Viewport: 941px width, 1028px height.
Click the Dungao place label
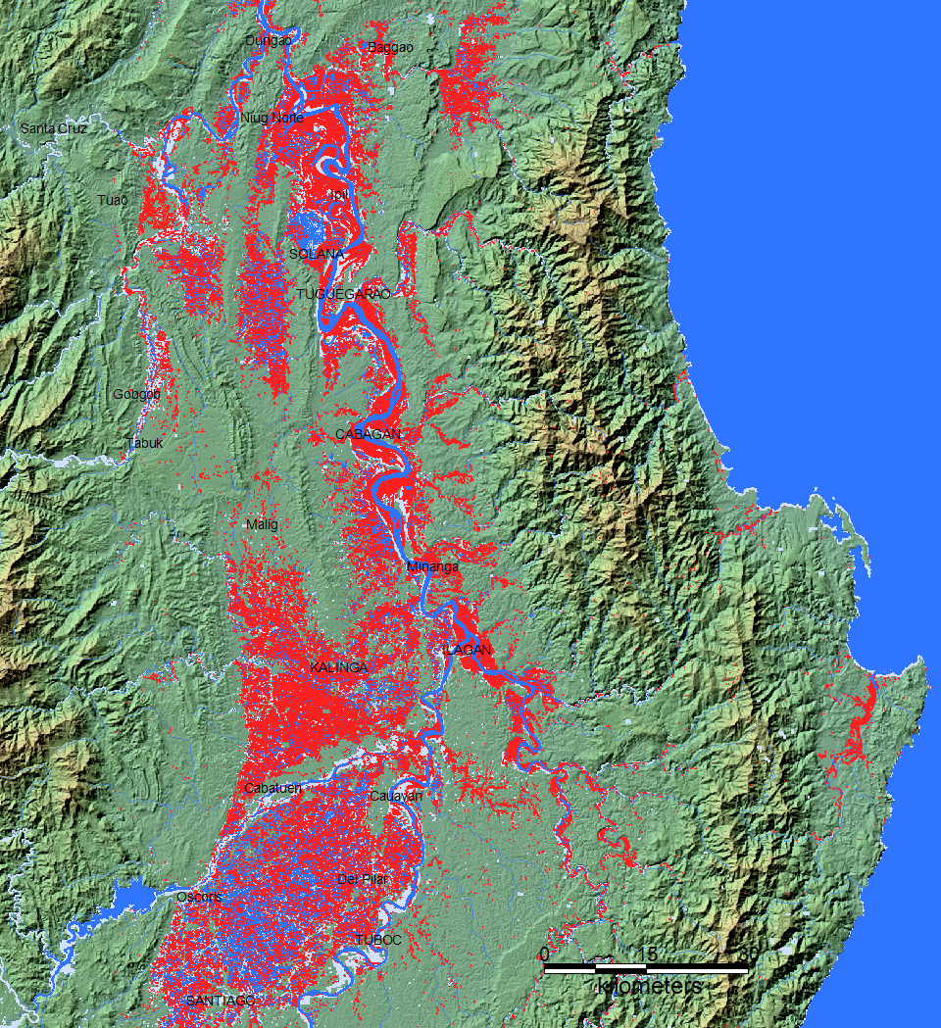click(268, 40)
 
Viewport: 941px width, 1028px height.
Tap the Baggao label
click(390, 47)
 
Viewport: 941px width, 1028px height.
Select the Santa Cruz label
click(54, 128)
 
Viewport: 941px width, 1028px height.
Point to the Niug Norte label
click(272, 118)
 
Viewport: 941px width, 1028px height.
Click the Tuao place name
click(113, 200)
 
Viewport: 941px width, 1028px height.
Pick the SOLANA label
click(317, 254)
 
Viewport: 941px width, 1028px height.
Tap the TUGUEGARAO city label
click(343, 294)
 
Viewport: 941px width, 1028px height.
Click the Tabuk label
click(145, 443)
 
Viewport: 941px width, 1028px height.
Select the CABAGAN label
click(368, 434)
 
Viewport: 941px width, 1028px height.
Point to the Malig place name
click(262, 525)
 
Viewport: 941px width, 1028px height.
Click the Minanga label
click(432, 566)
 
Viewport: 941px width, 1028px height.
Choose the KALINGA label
click(338, 668)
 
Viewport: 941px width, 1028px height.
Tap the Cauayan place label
click(396, 796)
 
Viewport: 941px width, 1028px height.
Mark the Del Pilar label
click(362, 879)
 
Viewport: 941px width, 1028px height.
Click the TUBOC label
click(378, 939)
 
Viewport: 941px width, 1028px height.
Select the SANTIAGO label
click(220, 1000)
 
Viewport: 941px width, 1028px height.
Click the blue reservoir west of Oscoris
click(135, 896)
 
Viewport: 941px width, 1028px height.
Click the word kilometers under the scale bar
click(649, 986)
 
